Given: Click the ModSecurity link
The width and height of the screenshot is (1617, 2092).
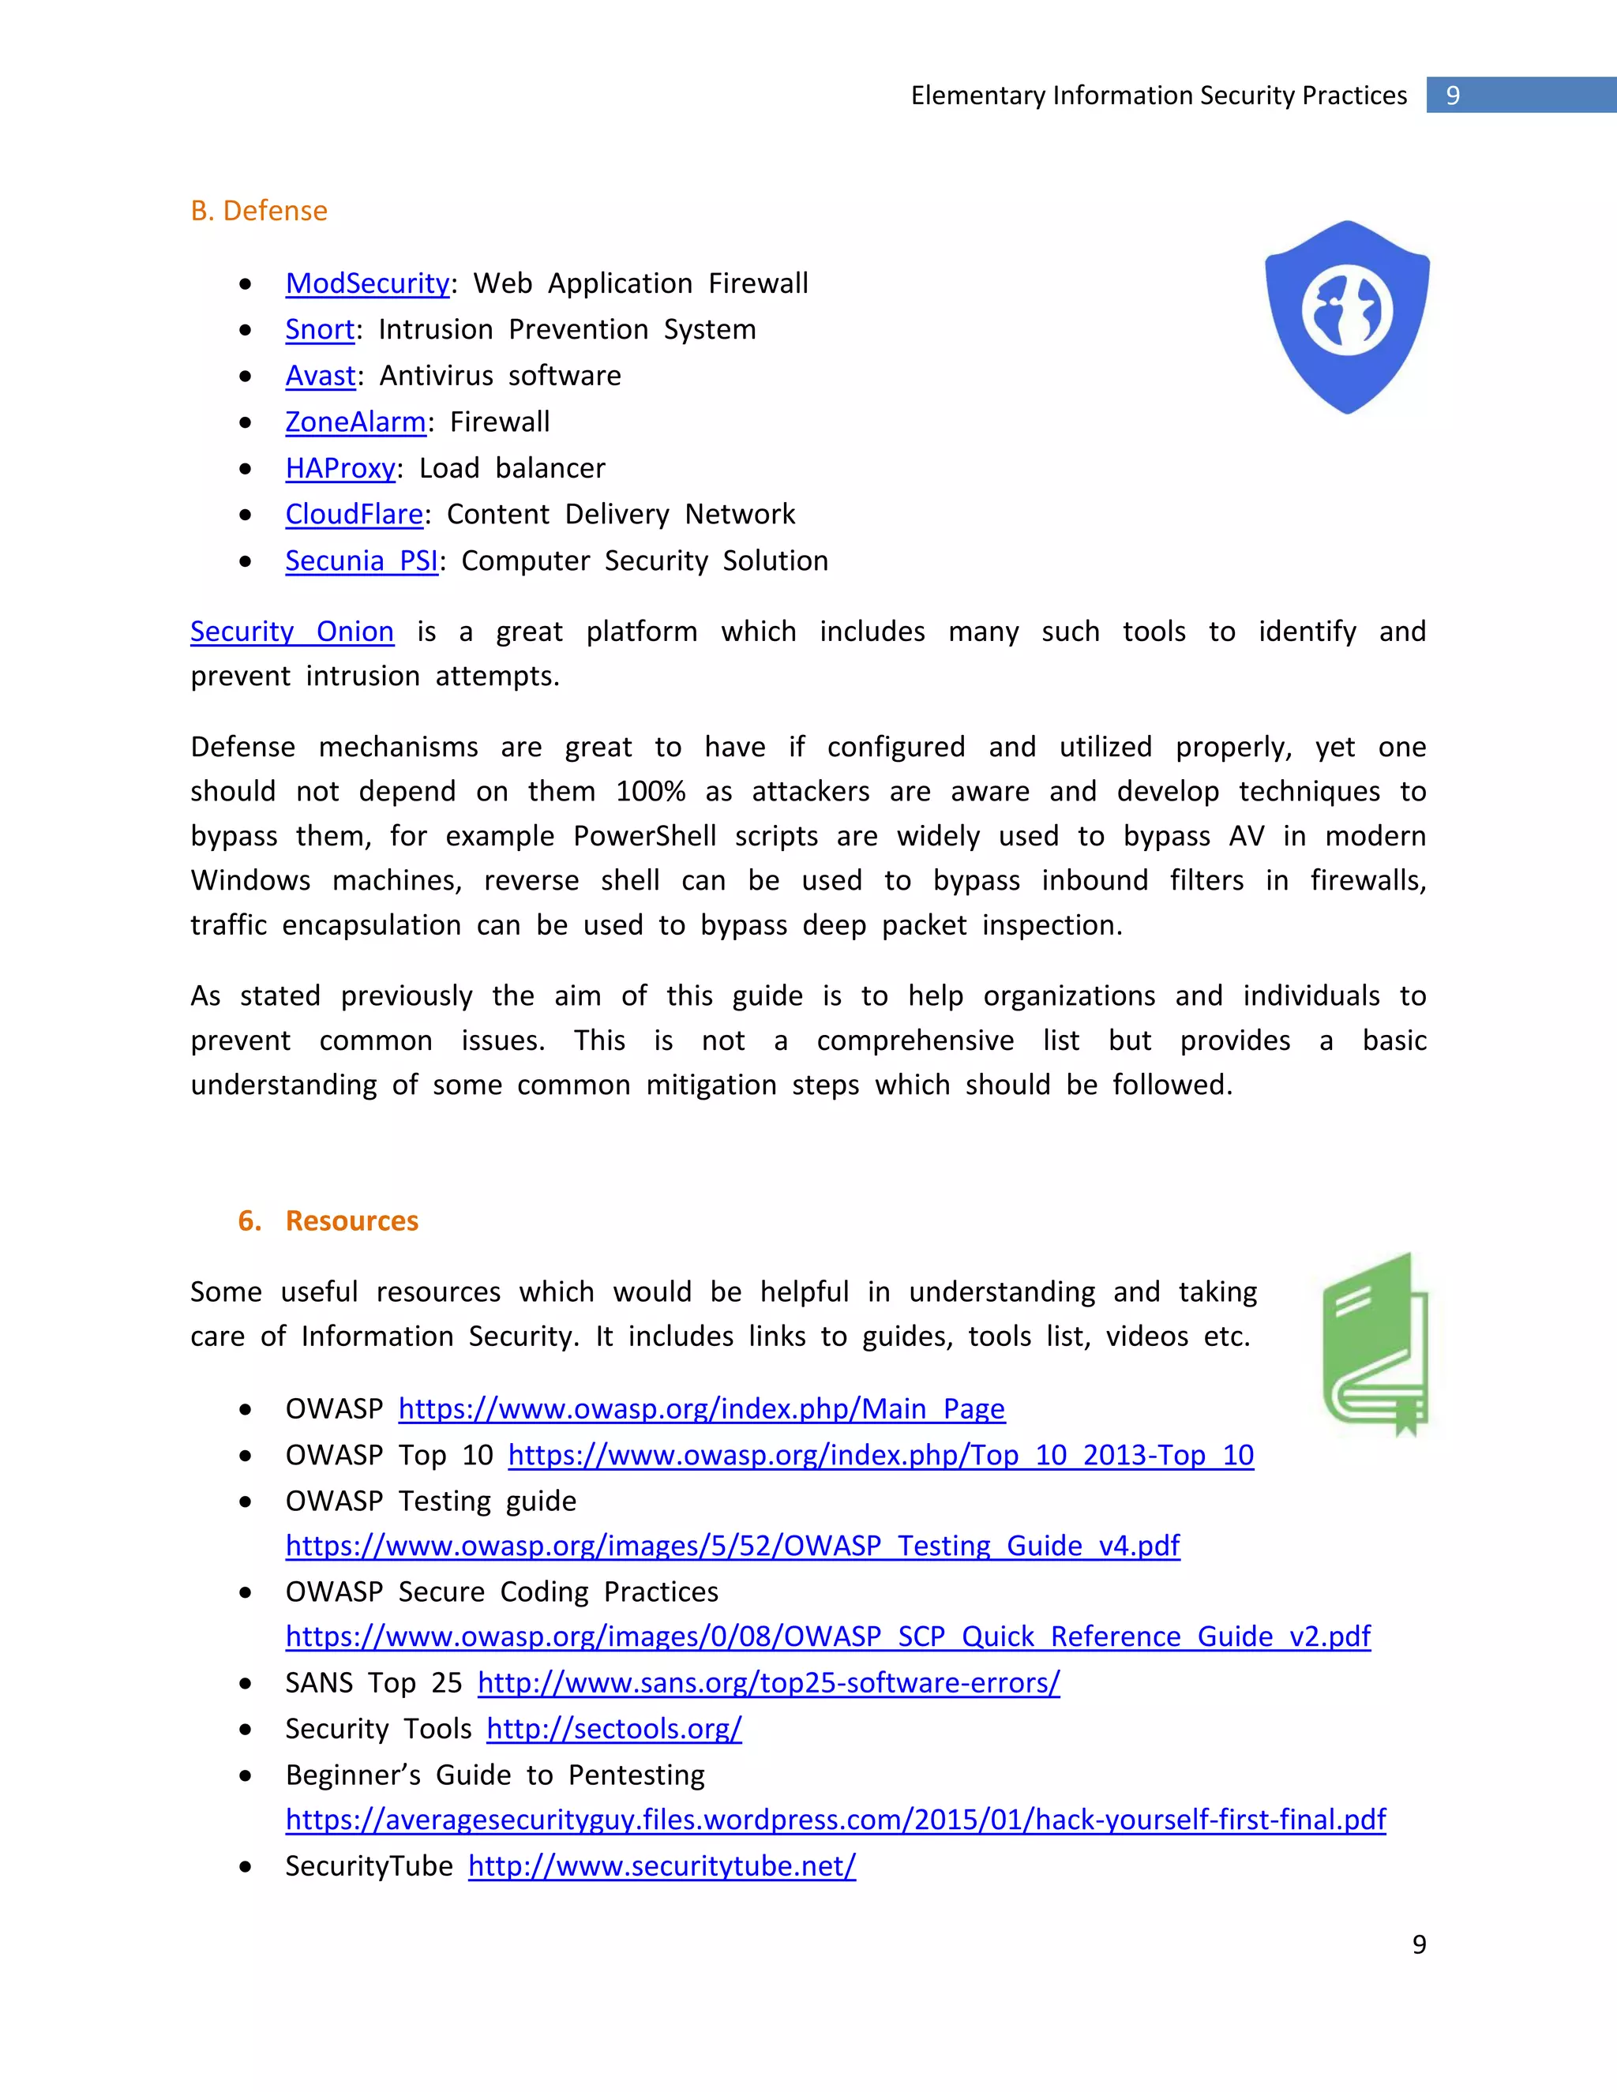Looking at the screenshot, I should [x=367, y=283].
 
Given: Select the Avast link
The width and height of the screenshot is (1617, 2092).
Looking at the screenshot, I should [x=320, y=376].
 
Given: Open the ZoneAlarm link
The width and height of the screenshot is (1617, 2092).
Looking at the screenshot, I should [x=355, y=422].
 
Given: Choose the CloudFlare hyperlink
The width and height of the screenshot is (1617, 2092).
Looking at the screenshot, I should [x=354, y=515].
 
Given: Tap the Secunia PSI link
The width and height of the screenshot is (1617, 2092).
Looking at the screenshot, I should [x=361, y=560].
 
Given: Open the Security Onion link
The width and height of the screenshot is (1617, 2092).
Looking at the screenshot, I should [x=291, y=632].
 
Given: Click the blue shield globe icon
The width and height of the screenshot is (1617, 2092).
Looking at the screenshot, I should [x=1347, y=316].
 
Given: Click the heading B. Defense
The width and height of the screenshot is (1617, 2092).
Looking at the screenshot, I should [x=259, y=211].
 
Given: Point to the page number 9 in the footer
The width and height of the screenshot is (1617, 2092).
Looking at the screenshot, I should [x=1419, y=1944].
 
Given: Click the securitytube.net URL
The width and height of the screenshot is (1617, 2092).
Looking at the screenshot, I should [x=661, y=1866].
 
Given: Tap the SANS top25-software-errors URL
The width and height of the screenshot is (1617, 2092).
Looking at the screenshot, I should [x=768, y=1683].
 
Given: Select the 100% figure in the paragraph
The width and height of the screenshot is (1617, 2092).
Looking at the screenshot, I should [x=650, y=791].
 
